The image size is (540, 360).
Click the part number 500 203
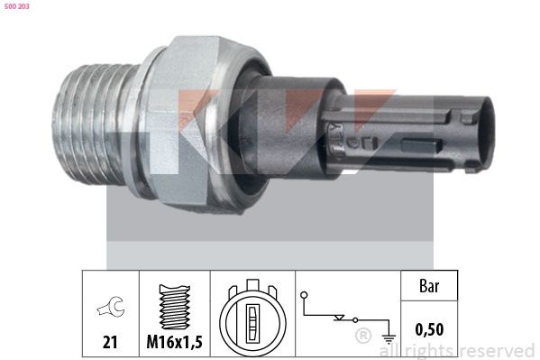click(x=17, y=6)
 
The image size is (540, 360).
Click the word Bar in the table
click(x=429, y=286)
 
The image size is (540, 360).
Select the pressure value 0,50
click(x=429, y=330)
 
